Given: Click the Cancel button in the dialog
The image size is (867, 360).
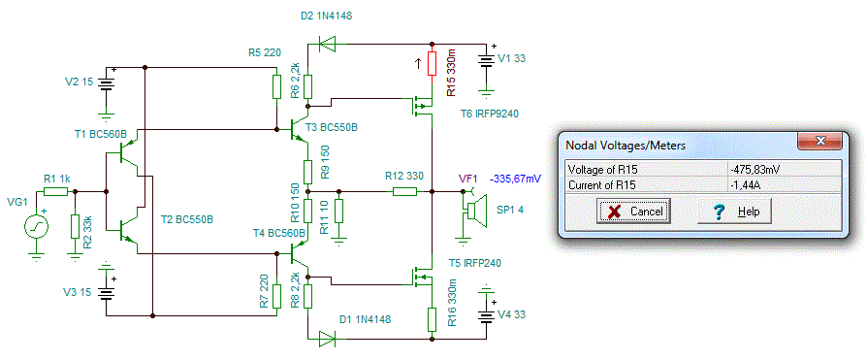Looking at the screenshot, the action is (633, 211).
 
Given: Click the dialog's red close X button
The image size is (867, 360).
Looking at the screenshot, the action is (819, 141).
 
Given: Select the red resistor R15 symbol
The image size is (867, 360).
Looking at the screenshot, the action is (432, 65).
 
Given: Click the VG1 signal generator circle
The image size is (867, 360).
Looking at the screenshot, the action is (37, 226).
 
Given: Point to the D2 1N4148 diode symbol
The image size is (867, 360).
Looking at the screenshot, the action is (328, 43).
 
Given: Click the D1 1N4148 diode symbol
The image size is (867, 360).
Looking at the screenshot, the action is (328, 338).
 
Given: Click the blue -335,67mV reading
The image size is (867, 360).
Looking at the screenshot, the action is (515, 180).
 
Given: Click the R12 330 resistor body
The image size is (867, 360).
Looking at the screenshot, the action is (405, 192).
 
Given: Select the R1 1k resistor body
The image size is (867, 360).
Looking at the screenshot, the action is (56, 192).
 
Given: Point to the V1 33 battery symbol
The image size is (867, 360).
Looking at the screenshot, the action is (486, 61).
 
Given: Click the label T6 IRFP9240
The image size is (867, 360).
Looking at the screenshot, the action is (490, 114).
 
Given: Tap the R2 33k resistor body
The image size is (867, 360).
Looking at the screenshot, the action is (74, 226).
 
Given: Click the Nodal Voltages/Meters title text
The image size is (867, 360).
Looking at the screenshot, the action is (626, 146).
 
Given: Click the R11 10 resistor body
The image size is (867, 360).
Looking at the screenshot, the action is (339, 213).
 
